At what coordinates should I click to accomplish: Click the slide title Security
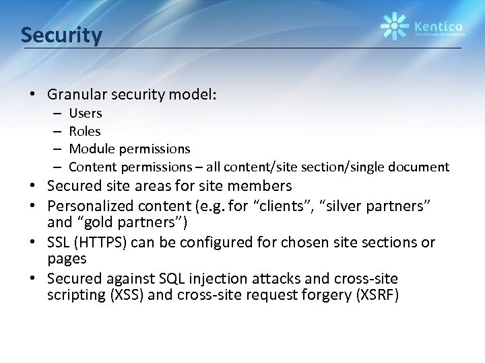pyautogui.click(x=61, y=34)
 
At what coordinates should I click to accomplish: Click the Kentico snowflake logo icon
pyautogui.click(x=395, y=26)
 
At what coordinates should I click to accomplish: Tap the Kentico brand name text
pyautogui.click(x=439, y=22)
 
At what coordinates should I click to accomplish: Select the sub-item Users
pyautogui.click(x=86, y=114)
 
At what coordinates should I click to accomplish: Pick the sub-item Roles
pyautogui.click(x=85, y=131)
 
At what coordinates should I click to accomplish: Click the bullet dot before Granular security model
pyautogui.click(x=32, y=95)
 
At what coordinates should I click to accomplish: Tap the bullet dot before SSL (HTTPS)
pyautogui.click(x=32, y=243)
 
